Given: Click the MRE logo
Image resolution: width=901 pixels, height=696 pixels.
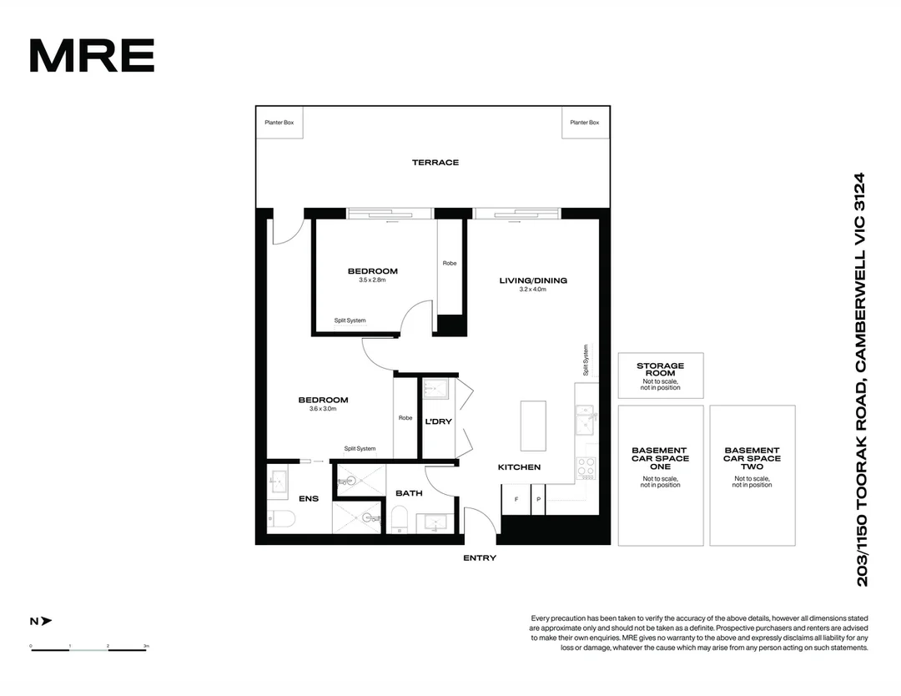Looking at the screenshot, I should coord(92,55).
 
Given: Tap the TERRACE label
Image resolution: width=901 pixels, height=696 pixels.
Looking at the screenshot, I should coord(435,163).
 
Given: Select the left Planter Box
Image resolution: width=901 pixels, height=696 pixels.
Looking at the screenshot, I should coord(279,123).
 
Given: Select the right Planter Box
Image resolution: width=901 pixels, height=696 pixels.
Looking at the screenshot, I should coord(584,123).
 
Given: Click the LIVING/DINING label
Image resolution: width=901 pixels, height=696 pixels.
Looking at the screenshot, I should coord(532,280).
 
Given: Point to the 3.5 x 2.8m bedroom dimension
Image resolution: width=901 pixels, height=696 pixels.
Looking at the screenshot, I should coord(372,280).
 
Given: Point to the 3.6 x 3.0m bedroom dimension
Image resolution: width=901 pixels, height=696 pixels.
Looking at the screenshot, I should coord(323,409).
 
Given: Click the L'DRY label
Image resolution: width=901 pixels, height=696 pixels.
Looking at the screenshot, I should coord(438,421).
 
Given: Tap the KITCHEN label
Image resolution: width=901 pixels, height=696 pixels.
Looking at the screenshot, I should coord(519,467).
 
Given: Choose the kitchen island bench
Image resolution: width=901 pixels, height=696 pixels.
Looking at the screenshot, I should coord(532,426).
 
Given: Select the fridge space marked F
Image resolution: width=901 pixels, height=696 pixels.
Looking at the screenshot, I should coord(516,499).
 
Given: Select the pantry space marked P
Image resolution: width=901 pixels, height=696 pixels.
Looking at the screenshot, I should coord(537,499).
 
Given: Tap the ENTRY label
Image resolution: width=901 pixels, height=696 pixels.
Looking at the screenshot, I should coord(479,558).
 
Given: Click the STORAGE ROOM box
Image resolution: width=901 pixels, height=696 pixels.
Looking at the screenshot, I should coord(660,376).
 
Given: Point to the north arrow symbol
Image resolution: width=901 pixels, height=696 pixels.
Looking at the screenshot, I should coord(41,621).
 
